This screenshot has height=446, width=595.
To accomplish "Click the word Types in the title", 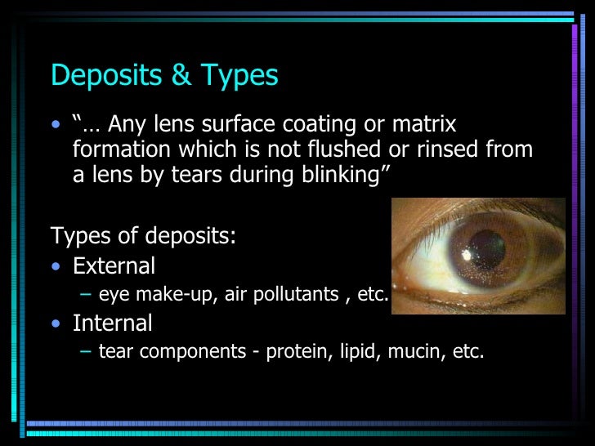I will [236, 76].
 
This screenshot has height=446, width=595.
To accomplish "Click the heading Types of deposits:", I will [143, 237].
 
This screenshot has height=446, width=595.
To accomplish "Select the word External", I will [114, 266].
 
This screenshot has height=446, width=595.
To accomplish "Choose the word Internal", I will [113, 323].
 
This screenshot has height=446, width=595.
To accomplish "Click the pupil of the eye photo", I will [486, 244].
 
